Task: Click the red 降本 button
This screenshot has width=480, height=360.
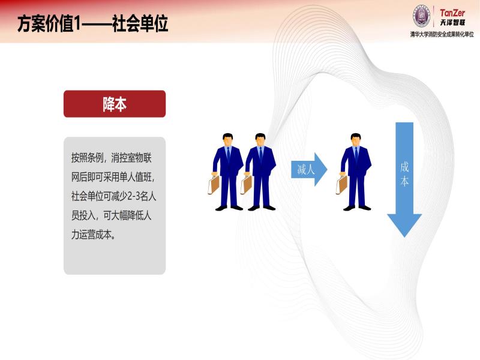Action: [x=115, y=104]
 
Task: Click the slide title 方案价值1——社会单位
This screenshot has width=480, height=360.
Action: [x=92, y=23]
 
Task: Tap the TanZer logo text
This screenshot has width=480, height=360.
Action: [x=452, y=13]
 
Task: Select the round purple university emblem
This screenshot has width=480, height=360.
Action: [x=422, y=16]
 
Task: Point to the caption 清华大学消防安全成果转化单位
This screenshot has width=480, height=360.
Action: [x=442, y=34]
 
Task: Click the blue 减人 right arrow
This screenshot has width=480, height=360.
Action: [x=309, y=169]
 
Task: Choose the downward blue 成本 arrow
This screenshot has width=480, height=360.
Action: [x=404, y=179]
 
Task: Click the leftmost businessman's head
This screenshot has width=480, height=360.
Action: [x=227, y=140]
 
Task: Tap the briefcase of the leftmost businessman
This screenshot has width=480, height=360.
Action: [x=214, y=185]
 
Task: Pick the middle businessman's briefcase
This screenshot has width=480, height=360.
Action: [x=246, y=185]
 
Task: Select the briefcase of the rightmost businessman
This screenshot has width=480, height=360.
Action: [x=341, y=185]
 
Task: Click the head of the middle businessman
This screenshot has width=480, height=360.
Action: [x=260, y=140]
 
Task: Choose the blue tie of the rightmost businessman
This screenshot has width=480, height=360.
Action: [x=356, y=154]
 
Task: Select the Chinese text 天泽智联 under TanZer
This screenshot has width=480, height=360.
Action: [x=452, y=22]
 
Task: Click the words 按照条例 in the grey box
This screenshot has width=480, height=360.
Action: [x=87, y=158]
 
